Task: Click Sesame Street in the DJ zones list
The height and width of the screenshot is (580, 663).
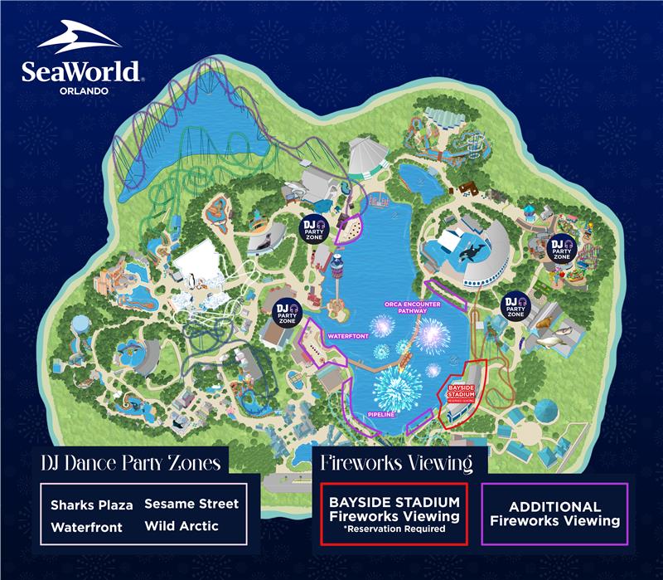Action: pos(191,504)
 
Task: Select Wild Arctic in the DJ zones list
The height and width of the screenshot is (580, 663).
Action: pos(181,526)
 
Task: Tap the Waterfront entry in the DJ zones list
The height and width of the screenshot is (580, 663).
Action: pos(86,527)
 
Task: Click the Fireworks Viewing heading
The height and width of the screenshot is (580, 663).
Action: pos(396,461)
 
